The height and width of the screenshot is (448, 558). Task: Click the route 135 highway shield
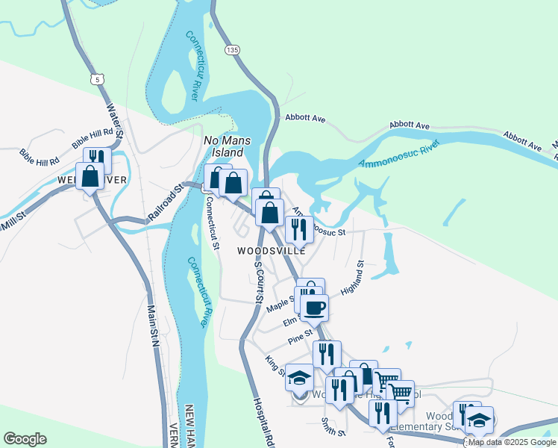[x=233, y=49]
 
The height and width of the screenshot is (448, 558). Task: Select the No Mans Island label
[x=229, y=146]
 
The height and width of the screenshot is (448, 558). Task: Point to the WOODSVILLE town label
[x=272, y=251]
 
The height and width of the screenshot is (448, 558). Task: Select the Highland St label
[x=351, y=277]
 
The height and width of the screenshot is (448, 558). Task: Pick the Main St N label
[x=153, y=326]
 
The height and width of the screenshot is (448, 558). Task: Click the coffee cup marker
[x=314, y=306]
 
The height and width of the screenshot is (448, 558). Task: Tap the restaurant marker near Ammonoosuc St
[x=299, y=229]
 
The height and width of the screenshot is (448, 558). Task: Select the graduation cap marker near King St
[x=299, y=380]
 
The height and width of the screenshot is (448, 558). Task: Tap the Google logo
[x=25, y=438]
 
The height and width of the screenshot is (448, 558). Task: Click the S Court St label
[x=258, y=281]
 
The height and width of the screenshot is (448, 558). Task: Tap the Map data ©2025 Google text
[x=512, y=442]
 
